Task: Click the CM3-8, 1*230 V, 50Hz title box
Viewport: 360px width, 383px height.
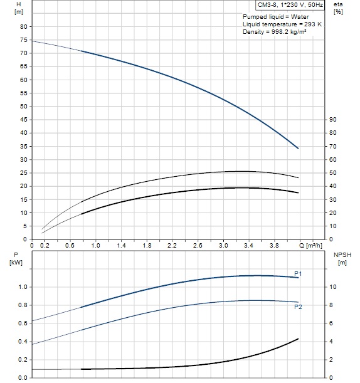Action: click(290, 5)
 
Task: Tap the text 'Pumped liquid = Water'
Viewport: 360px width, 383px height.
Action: click(276, 16)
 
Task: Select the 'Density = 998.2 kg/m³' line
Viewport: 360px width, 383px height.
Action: click(275, 32)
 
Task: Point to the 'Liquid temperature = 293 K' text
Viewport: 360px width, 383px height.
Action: click(282, 24)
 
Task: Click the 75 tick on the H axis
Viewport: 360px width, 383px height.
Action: click(23, 40)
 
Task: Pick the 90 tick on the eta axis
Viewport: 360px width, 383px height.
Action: click(333, 120)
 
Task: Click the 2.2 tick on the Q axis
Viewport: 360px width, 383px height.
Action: click(172, 245)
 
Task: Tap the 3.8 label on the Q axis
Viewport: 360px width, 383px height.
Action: click(274, 245)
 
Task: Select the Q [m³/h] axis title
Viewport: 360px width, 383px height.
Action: click(310, 245)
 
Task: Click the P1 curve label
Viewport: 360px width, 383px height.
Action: click(298, 273)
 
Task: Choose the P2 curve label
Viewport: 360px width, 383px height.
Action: click(298, 307)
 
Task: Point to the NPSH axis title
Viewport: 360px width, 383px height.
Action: click(342, 254)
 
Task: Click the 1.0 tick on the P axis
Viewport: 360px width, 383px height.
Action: click(23, 287)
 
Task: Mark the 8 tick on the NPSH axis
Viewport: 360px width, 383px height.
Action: click(331, 305)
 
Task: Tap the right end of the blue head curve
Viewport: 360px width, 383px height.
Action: click(298, 149)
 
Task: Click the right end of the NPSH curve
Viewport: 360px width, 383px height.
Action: click(298, 338)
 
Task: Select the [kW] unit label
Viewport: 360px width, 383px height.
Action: click(16, 263)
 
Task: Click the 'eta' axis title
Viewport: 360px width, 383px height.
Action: click(338, 4)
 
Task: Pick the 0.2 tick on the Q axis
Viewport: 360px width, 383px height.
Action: click(45, 245)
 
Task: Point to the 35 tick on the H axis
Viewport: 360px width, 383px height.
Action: click(23, 146)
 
